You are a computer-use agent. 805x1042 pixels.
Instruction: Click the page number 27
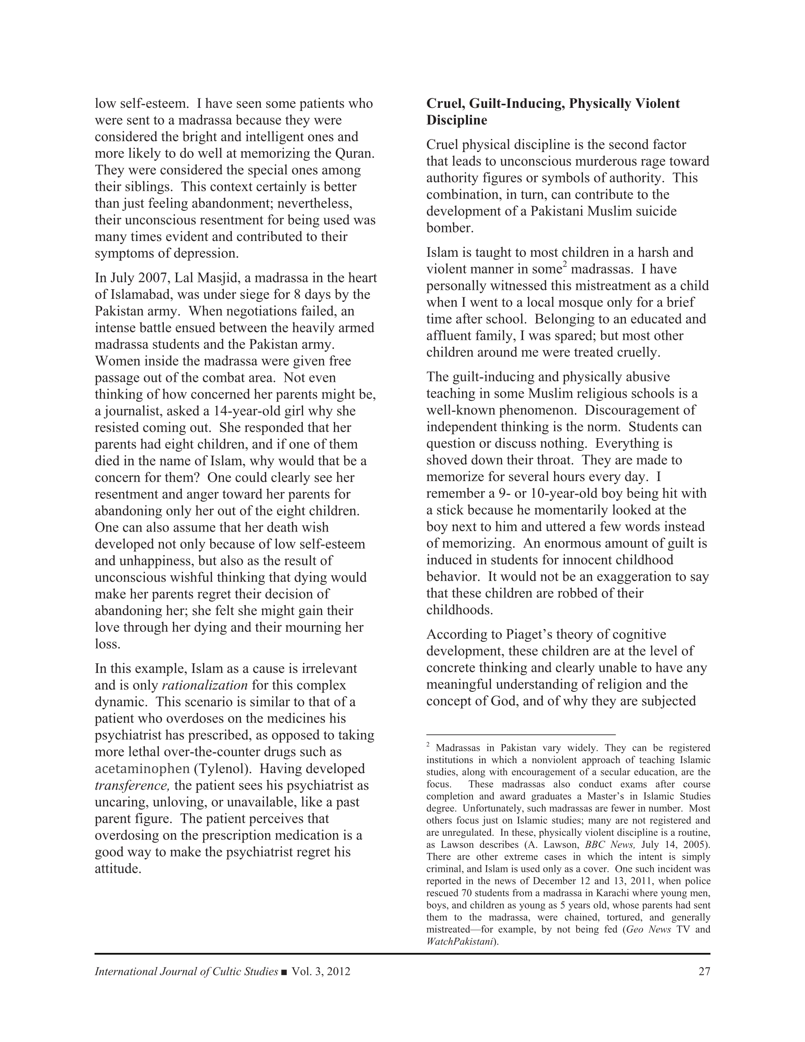tap(704, 972)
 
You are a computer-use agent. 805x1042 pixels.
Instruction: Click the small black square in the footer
tap(284, 972)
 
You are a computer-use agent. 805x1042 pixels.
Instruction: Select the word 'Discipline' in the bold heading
tap(457, 120)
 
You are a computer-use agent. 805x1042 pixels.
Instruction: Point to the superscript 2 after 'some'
tap(564, 265)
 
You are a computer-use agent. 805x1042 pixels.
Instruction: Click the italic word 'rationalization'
tap(205, 685)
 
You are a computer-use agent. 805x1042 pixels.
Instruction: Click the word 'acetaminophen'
tap(142, 769)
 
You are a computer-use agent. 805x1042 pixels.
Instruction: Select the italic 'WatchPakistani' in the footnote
tap(459, 942)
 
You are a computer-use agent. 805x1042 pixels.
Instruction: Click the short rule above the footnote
tap(521, 735)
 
